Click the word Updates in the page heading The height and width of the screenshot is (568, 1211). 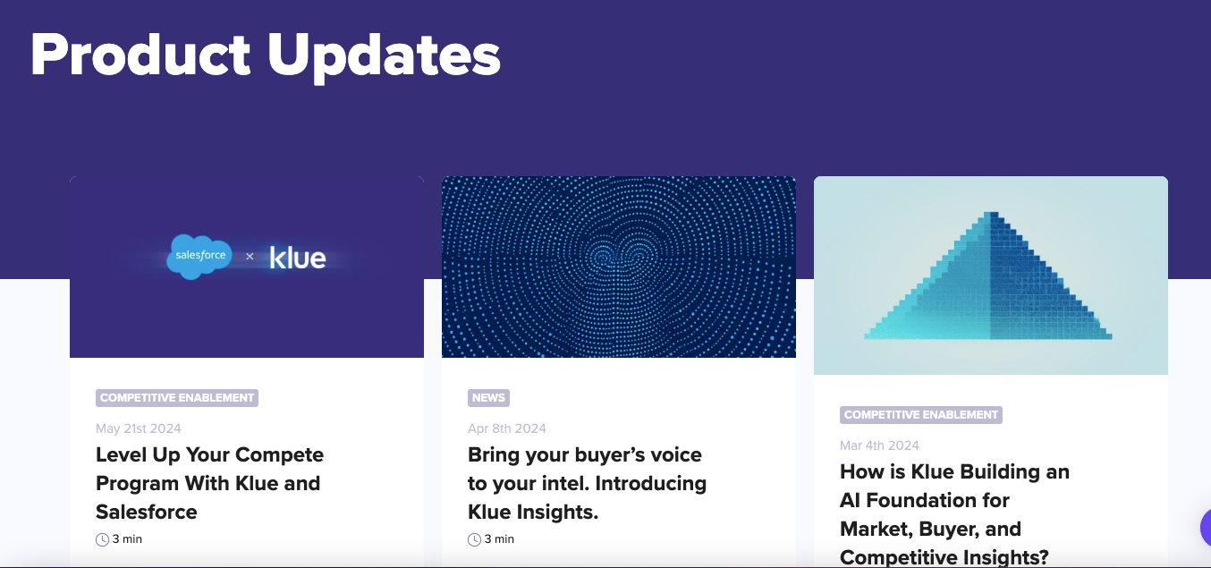coord(384,55)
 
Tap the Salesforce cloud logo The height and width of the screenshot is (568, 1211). coord(199,256)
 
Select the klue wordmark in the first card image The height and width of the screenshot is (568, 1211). coord(298,258)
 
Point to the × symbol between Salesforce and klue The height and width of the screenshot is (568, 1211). coord(250,257)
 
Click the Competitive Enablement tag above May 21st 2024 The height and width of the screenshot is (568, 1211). coord(177,398)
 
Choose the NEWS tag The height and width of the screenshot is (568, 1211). coord(488,398)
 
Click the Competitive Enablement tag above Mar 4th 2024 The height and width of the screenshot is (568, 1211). coord(921,415)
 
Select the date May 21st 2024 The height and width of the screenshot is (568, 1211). coord(139,428)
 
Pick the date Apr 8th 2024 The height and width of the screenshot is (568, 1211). coord(507,428)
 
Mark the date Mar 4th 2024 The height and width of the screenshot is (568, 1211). coord(879,445)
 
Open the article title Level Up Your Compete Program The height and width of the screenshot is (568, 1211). coord(209,483)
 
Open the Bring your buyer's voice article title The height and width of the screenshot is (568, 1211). coord(587,483)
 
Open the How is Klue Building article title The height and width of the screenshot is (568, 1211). coord(954,513)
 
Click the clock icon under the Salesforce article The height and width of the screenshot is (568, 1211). coord(102,539)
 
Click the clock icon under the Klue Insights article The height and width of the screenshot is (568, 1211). coord(474,539)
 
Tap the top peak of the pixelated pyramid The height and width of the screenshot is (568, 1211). coord(990,215)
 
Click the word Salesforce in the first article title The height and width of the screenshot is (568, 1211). coord(147,512)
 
